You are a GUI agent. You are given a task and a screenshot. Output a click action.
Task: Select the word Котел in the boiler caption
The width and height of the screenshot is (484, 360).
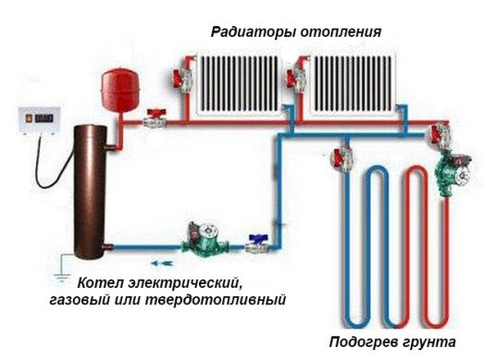coord(99,282)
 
